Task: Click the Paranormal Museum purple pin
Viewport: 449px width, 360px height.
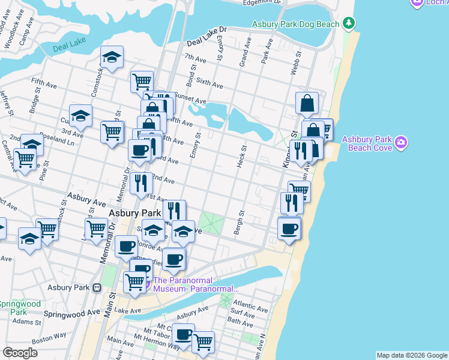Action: pos(146,284)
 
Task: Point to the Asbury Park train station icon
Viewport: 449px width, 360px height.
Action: pos(97,287)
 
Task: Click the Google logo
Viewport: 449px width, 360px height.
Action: pos(20,353)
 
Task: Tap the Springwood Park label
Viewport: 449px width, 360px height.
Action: pos(20,308)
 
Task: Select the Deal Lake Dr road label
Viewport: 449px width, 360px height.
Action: pos(207,37)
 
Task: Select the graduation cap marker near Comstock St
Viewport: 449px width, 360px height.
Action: pos(112,58)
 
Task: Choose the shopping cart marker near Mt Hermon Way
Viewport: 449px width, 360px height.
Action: pos(203,341)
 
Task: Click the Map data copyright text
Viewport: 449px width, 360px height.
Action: pos(411,355)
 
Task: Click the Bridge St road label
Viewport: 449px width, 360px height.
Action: pos(34,103)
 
